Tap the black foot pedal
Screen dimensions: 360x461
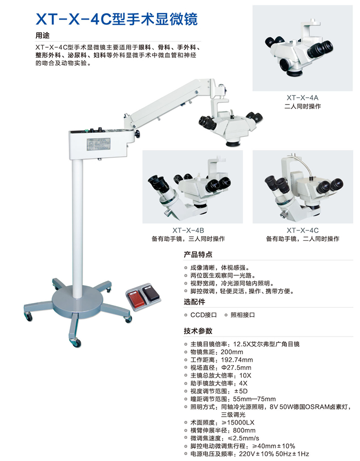pos(151,293)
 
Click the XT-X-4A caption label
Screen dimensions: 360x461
pos(302,98)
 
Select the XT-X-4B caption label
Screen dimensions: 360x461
pos(188,230)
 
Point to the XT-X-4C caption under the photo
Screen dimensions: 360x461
pos(302,230)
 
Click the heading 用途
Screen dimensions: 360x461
pos(43,36)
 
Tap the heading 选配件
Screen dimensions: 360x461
pos(194,302)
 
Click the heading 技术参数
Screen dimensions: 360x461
pos(198,331)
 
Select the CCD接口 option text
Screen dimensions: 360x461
pos(203,315)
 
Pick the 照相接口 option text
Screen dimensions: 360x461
pos(242,315)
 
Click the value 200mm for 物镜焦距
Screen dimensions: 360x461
pos(232,352)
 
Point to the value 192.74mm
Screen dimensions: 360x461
pos(237,360)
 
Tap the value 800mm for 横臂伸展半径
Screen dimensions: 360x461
pos(244,431)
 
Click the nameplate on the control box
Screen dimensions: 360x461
pos(98,144)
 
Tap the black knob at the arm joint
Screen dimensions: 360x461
pos(137,134)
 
